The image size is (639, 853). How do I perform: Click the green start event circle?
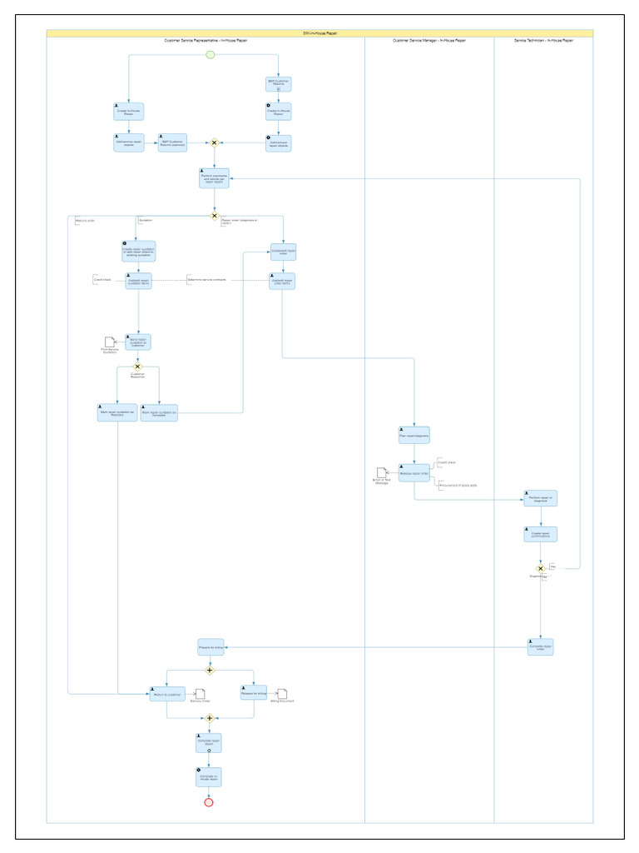[x=211, y=55]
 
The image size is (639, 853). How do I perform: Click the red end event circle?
[x=209, y=802]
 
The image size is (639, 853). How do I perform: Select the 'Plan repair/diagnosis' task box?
[x=414, y=435]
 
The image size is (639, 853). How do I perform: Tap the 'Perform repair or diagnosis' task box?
[x=540, y=498]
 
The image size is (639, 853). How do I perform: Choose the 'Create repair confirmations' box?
[x=540, y=534]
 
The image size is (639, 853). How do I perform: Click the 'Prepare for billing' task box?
[x=210, y=646]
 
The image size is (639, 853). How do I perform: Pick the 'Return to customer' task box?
[x=166, y=694]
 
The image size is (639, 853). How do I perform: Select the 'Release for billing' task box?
[x=253, y=694]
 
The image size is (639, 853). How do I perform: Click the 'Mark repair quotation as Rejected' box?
[x=116, y=412]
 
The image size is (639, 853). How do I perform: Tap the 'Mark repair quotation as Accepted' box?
[x=159, y=412]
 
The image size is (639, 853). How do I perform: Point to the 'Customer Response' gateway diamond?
[x=138, y=367]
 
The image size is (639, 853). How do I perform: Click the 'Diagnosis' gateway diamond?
[x=541, y=569]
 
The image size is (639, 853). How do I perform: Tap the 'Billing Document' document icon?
[x=282, y=693]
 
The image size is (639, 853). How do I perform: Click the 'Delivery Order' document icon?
[x=200, y=693]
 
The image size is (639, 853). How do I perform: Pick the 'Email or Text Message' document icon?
[x=381, y=472]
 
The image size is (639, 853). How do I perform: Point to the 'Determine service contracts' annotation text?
[x=206, y=280]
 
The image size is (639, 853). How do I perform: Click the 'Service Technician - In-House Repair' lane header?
[x=542, y=40]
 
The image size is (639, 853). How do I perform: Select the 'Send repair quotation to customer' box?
[x=138, y=342]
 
